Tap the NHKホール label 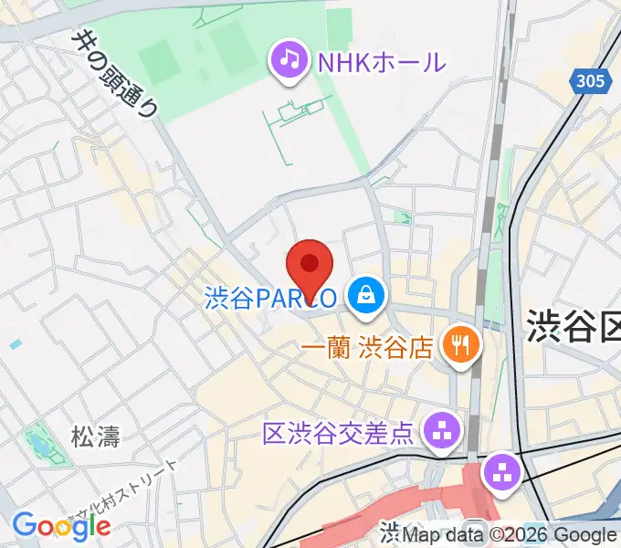pos(381,62)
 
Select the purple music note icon pos(289,60)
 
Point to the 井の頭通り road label pos(117,74)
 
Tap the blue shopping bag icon pos(365,295)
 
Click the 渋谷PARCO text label pos(269,297)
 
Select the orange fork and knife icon pos(456,344)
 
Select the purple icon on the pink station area pos(501,472)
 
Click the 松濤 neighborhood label pos(96,436)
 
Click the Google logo pos(61,524)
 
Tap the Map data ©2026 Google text pos(510,535)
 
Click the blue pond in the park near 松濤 pos(38,447)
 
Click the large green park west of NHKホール pos(192,55)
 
